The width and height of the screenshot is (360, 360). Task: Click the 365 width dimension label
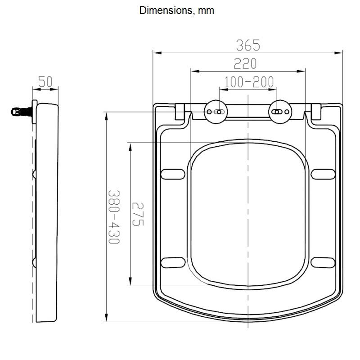coord(248,45)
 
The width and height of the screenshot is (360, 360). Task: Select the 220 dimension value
coord(248,64)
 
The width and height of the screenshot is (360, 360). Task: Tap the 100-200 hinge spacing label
coord(248,82)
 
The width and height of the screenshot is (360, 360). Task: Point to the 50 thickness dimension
coord(45,82)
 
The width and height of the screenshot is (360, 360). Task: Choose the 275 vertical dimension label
coord(137,214)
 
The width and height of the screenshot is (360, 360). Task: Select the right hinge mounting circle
coord(280,111)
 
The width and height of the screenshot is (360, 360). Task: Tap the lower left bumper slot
coord(173,262)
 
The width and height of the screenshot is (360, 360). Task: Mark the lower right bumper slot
coord(323,262)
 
